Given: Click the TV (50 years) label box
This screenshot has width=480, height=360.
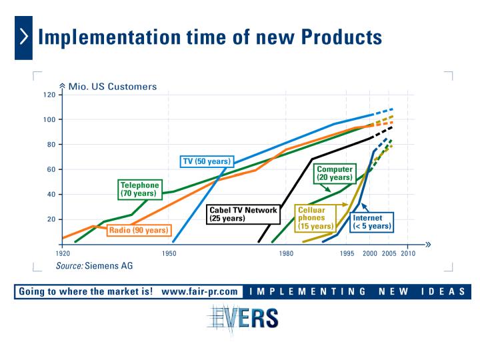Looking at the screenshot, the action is pyautogui.click(x=207, y=161).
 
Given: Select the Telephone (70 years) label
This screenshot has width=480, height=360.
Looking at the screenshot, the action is pyautogui.click(x=140, y=189).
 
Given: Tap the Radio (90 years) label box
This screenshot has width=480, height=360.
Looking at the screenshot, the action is pyautogui.click(x=139, y=230).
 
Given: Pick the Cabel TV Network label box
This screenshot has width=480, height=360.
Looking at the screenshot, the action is pyautogui.click(x=243, y=214).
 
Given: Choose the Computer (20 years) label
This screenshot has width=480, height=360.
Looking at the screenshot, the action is pyautogui.click(x=335, y=173).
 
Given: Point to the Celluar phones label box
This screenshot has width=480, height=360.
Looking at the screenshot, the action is pyautogui.click(x=315, y=218).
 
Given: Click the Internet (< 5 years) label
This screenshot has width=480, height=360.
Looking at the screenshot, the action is pyautogui.click(x=371, y=222).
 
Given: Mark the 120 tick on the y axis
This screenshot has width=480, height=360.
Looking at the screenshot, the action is pyautogui.click(x=49, y=95).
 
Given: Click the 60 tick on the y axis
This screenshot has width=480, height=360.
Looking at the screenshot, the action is pyautogui.click(x=51, y=169).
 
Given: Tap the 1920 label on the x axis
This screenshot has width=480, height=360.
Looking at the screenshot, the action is pyautogui.click(x=63, y=253).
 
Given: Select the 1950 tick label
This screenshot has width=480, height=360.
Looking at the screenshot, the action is pyautogui.click(x=169, y=253).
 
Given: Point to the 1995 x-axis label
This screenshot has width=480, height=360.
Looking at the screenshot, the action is pyautogui.click(x=347, y=253).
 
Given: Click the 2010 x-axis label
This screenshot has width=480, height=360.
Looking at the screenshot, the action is pyautogui.click(x=408, y=253).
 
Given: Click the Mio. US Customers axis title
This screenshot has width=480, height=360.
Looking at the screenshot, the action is pyautogui.click(x=113, y=87).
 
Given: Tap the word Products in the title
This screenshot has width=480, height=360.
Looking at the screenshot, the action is pyautogui.click(x=341, y=37).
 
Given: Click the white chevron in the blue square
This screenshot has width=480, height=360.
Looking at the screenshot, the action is pyautogui.click(x=24, y=37).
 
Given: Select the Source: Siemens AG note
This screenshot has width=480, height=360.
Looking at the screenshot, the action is pyautogui.click(x=94, y=266).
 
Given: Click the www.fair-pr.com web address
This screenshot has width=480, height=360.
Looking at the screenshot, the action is pyautogui.click(x=199, y=291).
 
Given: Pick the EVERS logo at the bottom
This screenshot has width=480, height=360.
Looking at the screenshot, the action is pyautogui.click(x=243, y=319).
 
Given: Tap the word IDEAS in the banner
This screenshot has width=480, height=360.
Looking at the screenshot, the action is pyautogui.click(x=443, y=291).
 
